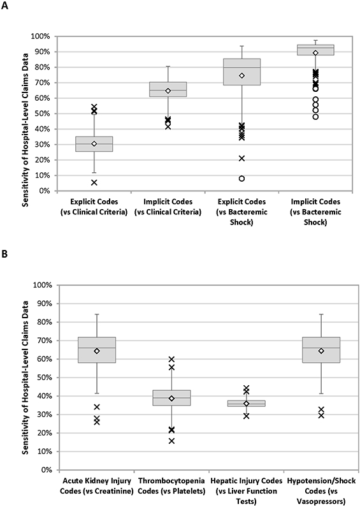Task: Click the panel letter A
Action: (x=4, y=6)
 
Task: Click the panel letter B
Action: (x=4, y=254)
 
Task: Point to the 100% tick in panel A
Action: (x=40, y=36)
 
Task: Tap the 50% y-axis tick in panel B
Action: (x=44, y=378)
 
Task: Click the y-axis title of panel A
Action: (x=25, y=129)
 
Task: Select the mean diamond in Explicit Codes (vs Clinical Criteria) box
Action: (x=94, y=143)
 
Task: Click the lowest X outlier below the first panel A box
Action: (x=94, y=182)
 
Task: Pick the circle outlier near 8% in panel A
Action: (x=241, y=179)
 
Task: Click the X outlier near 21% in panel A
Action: (x=241, y=158)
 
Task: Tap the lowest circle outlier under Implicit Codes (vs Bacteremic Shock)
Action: (x=315, y=117)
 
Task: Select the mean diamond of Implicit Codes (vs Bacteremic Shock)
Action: (x=315, y=53)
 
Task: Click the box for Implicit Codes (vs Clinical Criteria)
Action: (x=168, y=89)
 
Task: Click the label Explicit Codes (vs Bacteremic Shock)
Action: (x=241, y=212)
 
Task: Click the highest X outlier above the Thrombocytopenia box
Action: (x=171, y=359)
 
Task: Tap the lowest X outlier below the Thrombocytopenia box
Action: (x=171, y=441)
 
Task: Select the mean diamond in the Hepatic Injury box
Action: (x=246, y=404)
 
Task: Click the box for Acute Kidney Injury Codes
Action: (x=97, y=350)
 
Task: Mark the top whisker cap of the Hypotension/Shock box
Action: (x=321, y=314)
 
